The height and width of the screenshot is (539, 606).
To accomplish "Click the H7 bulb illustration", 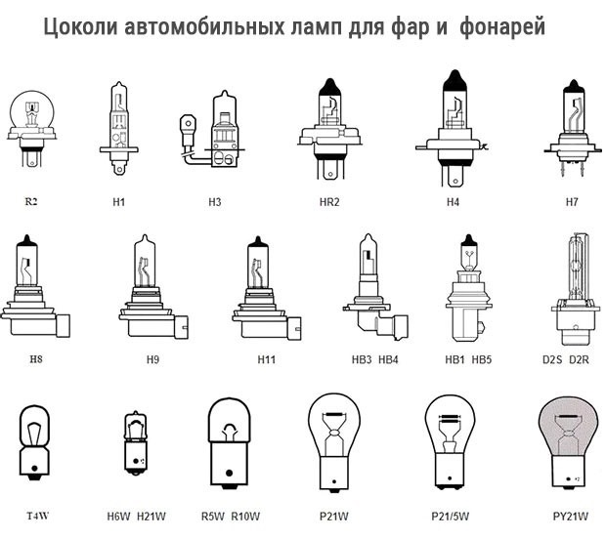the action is pos(573,127).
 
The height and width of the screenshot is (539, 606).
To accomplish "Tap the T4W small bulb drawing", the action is pos(37,444).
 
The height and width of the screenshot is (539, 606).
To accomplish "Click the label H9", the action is pos(152,359).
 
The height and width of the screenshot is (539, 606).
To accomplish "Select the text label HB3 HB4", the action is pos(375,359).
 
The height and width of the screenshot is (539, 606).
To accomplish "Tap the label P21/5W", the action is pos(451,516).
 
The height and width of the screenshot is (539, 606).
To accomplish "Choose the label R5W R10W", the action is pos(231,516).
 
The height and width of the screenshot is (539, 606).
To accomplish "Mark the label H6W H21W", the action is pos(136,516).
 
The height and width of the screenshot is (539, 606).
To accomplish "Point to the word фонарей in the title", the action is pos(498,28).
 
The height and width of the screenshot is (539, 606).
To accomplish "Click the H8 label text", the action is pos(37,359).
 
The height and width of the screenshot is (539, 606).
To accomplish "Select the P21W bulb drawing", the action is pos(332,439).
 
